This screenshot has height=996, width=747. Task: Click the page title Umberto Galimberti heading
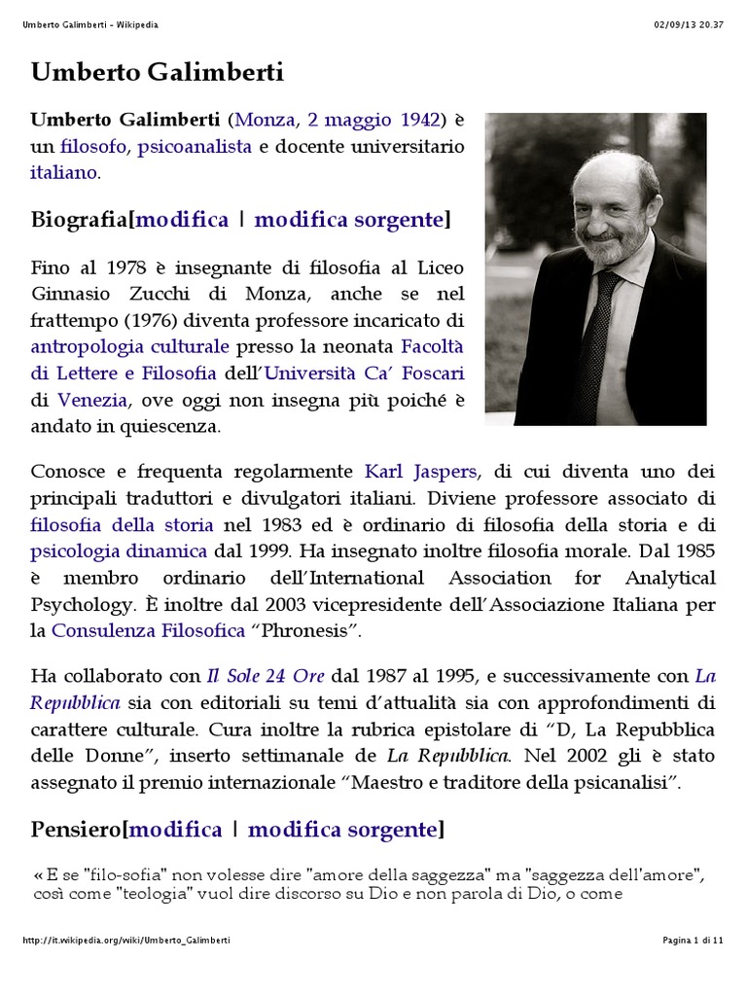(x=158, y=72)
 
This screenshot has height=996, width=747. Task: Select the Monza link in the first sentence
(x=264, y=121)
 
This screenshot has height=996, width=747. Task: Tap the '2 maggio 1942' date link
(x=373, y=121)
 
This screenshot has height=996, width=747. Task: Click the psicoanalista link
(x=195, y=147)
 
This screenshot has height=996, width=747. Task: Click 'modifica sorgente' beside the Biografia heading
(x=348, y=220)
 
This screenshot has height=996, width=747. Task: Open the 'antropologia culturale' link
(x=130, y=346)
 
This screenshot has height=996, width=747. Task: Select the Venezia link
(x=92, y=399)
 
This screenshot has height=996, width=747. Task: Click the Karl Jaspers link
(x=420, y=472)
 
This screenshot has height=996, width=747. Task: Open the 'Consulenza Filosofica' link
(x=148, y=630)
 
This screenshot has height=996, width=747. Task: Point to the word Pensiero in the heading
(x=75, y=830)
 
